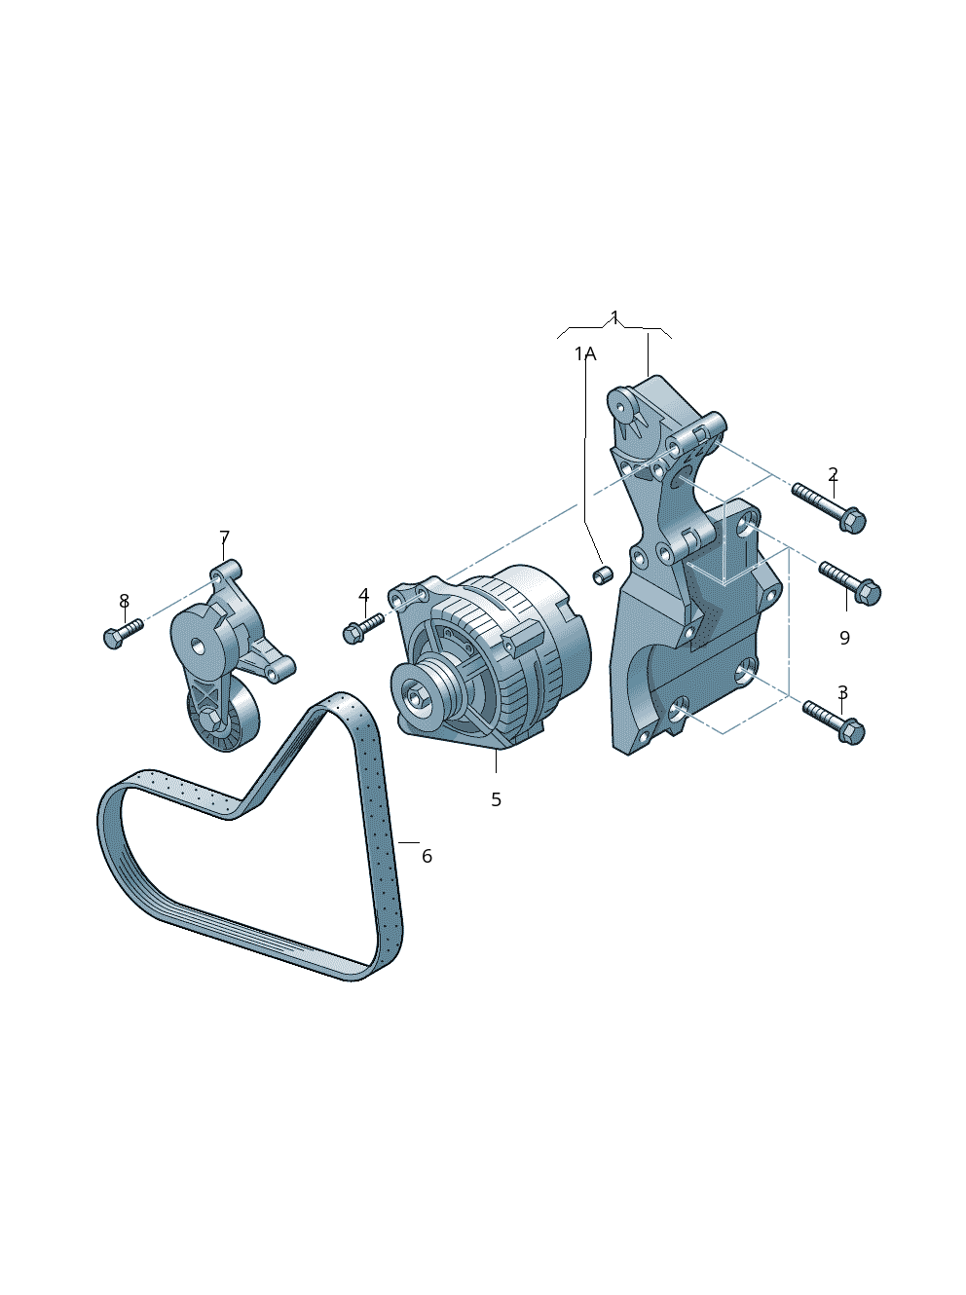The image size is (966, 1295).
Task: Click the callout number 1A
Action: tap(585, 353)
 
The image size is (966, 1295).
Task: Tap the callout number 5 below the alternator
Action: tap(496, 799)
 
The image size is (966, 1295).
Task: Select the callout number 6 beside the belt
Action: tap(427, 856)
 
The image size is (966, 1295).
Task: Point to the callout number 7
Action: tap(224, 537)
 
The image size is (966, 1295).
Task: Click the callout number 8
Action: tap(124, 601)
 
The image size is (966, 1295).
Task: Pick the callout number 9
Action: tap(844, 637)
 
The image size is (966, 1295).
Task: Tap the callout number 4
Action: tap(364, 595)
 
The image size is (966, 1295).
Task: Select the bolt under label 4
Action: tap(363, 629)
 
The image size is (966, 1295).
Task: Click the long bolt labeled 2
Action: tap(829, 508)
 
